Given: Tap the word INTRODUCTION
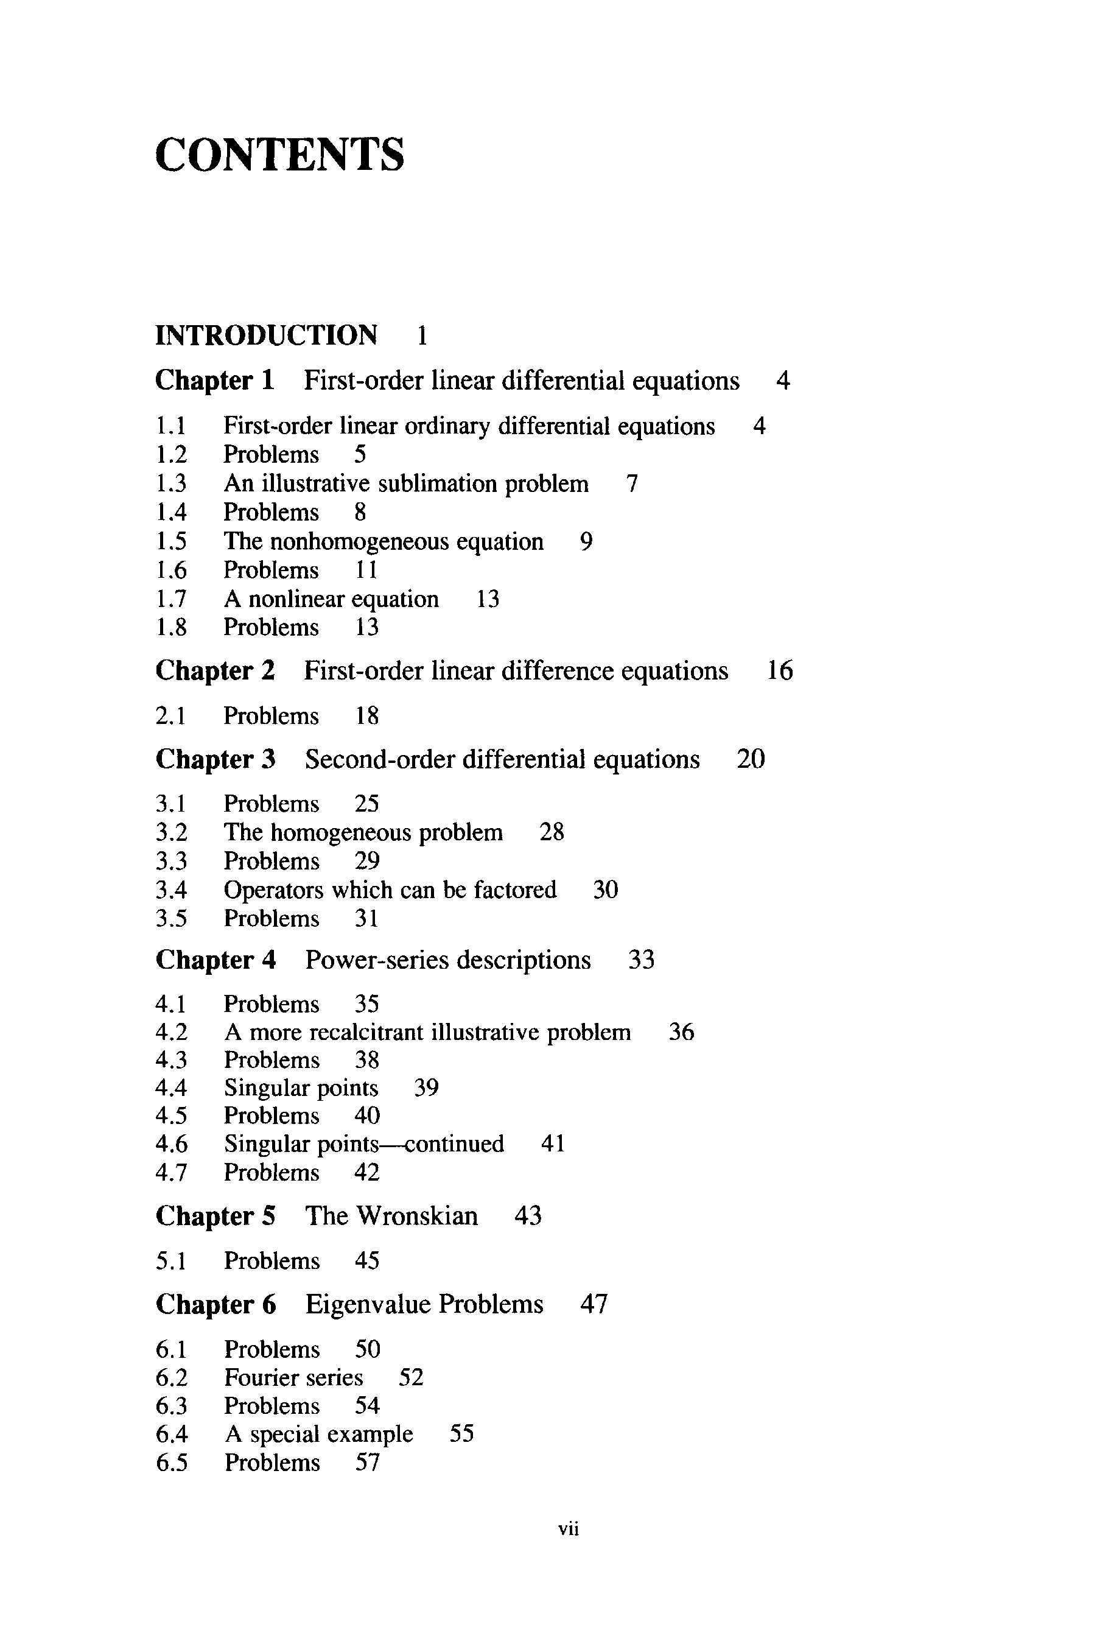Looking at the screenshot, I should pos(266,335).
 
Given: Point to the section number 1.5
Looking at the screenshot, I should pos(171,542).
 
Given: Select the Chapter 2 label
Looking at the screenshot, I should pos(215,670).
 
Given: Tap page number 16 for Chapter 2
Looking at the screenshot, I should pos(779,670).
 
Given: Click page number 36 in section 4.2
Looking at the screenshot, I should pos(681,1032).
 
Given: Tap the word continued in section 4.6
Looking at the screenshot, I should pos(454,1144).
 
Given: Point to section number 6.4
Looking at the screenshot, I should pos(172,1434).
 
